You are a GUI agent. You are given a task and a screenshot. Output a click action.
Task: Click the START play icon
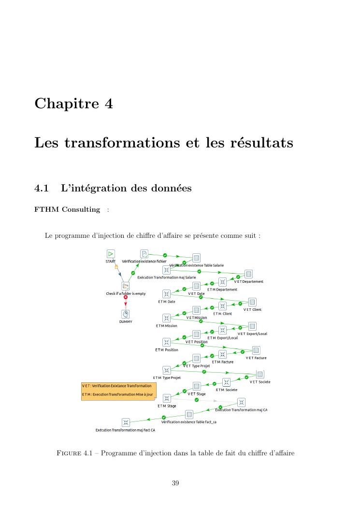[111, 253]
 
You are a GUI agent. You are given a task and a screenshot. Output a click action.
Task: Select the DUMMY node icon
[126, 314]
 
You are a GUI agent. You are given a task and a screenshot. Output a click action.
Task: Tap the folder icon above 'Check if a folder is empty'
[126, 286]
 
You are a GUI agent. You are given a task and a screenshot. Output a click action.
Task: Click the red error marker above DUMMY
[126, 297]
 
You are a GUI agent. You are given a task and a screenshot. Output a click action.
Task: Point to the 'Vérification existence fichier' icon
[144, 253]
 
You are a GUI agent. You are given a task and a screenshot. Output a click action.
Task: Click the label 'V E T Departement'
[249, 281]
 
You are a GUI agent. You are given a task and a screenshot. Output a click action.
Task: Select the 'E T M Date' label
[166, 302]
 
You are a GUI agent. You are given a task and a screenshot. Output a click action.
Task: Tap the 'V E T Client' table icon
[252, 302]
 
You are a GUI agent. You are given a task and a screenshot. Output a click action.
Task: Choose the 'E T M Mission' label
[166, 326]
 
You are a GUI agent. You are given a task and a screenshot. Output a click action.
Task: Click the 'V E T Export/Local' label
[252, 334]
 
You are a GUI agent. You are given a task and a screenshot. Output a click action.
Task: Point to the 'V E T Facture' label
[256, 358]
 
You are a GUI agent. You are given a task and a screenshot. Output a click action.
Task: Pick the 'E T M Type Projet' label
[167, 378]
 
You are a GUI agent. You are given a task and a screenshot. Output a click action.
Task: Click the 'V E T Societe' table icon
[259, 374]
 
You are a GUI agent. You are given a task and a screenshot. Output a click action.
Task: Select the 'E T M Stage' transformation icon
[167, 398]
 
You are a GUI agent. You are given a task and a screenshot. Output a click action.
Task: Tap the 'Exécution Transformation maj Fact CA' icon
[126, 422]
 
